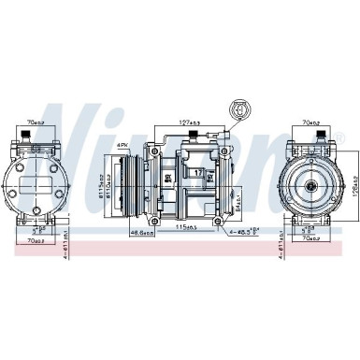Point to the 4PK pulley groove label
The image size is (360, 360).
pos(122,145)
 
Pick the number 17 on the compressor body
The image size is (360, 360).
pos(197,173)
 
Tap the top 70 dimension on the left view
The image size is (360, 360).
pos(38,121)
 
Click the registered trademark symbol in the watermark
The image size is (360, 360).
pos(338,137)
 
